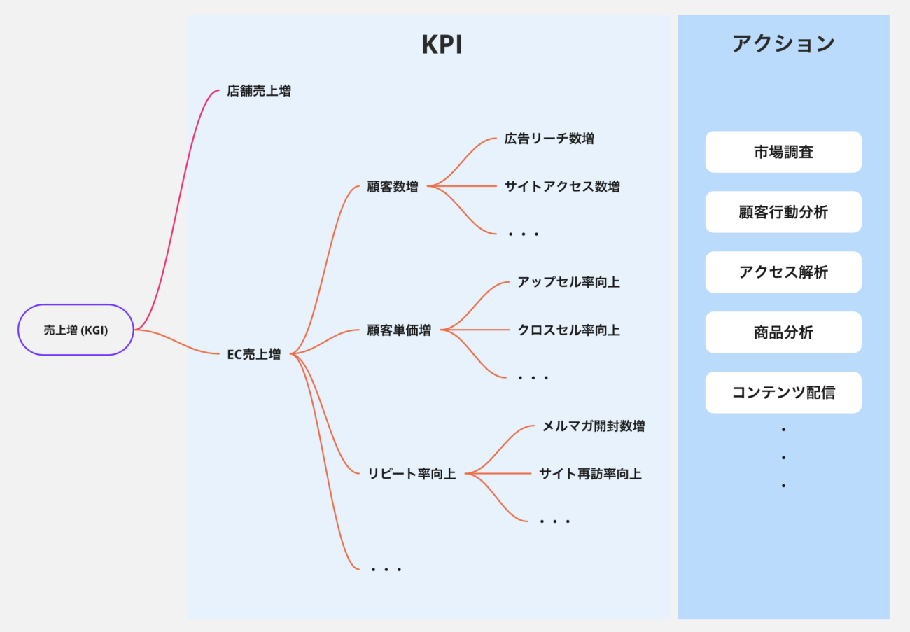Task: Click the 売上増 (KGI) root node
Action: pyautogui.click(x=76, y=330)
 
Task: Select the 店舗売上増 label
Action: pyautogui.click(x=259, y=91)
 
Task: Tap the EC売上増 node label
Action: pyautogui.click(x=254, y=354)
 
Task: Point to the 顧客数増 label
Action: pyautogui.click(x=393, y=187)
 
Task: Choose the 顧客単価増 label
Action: pyautogui.click(x=399, y=330)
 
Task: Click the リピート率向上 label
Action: pyautogui.click(x=412, y=474)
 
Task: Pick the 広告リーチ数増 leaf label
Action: pyautogui.click(x=549, y=139)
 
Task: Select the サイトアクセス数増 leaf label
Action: pyautogui.click(x=562, y=187)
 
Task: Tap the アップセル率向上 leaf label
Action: pyautogui.click(x=568, y=282)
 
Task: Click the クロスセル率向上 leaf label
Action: pyautogui.click(x=568, y=330)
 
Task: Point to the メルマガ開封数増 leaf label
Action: pyautogui.click(x=594, y=426)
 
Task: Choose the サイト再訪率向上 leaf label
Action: pyautogui.click(x=590, y=474)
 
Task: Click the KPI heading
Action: pyautogui.click(x=442, y=45)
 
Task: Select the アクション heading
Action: pyautogui.click(x=783, y=43)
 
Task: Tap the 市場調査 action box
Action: pyautogui.click(x=783, y=152)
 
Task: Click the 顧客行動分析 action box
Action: pyautogui.click(x=783, y=212)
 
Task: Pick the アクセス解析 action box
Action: pyautogui.click(x=783, y=272)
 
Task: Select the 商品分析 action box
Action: pyautogui.click(x=783, y=332)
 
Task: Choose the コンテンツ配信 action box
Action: pyautogui.click(x=783, y=393)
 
